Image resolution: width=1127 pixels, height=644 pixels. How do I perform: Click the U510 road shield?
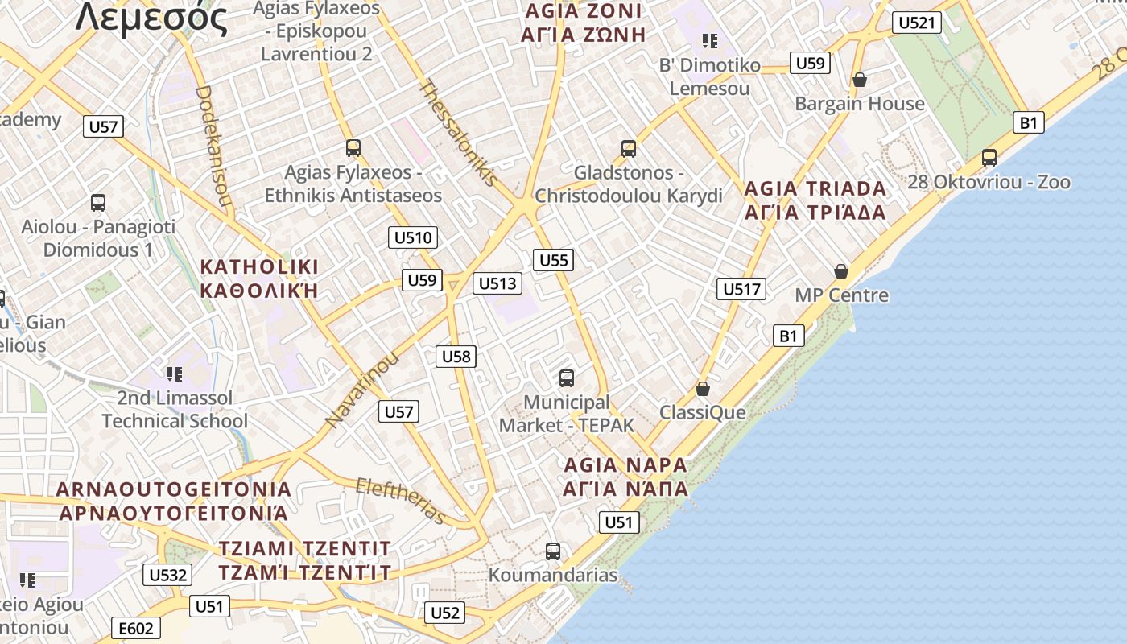point(414,237)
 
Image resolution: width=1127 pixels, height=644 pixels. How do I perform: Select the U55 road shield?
point(553,260)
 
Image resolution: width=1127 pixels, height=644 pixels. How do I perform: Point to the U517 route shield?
point(741,289)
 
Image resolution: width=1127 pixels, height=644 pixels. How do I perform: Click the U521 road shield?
point(916,23)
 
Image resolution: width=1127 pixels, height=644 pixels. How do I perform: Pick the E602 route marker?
point(135,629)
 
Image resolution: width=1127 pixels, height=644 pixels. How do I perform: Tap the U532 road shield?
point(168,575)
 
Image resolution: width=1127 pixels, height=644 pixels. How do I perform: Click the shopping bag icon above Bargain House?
point(859,80)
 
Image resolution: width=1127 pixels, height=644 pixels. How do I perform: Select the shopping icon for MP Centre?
point(841,271)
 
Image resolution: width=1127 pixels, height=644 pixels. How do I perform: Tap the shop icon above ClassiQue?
point(703,389)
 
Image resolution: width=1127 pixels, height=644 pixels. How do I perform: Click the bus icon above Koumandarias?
point(553,551)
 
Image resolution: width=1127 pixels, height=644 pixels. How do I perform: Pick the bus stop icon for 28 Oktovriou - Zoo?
point(989,158)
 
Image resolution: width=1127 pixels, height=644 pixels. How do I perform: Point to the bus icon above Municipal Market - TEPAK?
point(567,378)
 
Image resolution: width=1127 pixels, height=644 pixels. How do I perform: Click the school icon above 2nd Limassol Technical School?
point(175,374)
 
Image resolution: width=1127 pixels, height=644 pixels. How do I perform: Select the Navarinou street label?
point(361,390)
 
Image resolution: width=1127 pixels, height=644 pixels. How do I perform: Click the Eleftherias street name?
point(400,500)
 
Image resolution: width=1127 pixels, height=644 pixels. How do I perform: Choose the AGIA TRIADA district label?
point(815,188)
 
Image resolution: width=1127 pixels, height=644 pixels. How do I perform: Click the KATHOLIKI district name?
point(259,267)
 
